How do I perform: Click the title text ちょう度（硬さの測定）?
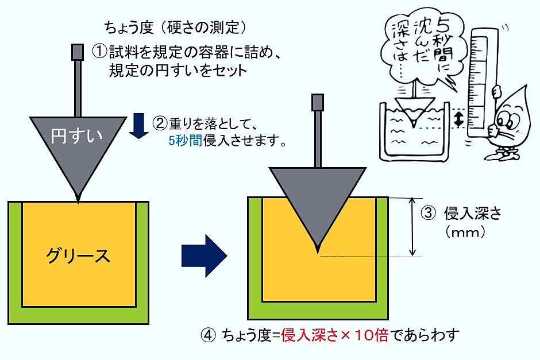pos(175,26)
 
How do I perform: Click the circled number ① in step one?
pos(100,52)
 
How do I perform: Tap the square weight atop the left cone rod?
pos(76,51)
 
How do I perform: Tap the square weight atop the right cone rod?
pos(318,102)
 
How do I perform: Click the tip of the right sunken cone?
pos(318,251)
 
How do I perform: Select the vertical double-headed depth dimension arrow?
pos(412,227)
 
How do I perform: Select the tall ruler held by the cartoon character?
pos(481,86)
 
